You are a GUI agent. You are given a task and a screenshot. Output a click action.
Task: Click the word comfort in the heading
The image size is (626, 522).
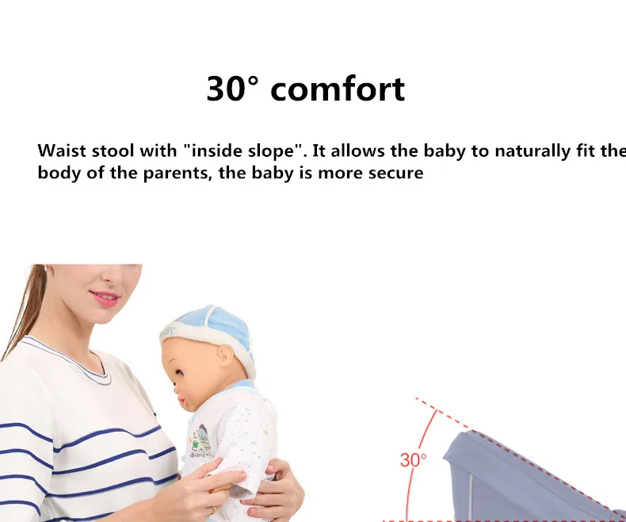338,90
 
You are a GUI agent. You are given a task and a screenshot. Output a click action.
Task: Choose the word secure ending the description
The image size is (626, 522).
395,173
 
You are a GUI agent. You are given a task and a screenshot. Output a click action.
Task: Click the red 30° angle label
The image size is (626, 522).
413,459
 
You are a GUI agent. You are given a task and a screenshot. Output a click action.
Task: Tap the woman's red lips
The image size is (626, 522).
105,298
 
